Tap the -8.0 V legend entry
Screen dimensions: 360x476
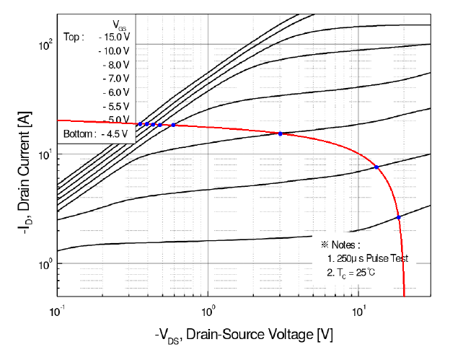click(115, 65)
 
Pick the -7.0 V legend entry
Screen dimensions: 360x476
click(115, 78)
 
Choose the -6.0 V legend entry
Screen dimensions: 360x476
click(115, 92)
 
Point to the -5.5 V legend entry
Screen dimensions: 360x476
click(115, 106)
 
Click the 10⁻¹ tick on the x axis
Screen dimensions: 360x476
click(58, 311)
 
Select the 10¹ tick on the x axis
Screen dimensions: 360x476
click(358, 311)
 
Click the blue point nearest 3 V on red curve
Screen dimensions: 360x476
click(281, 133)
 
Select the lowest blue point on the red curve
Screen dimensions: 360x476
click(398, 217)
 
